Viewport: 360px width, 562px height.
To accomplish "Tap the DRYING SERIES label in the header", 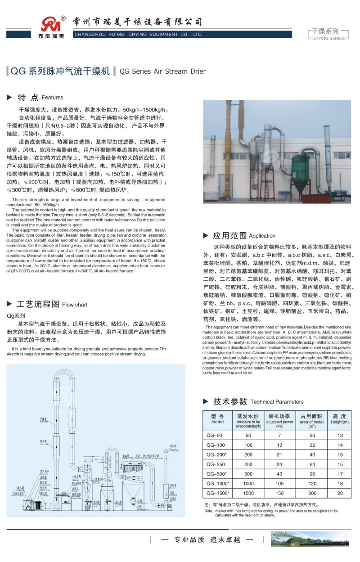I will (328, 39).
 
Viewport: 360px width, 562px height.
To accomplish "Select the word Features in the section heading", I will (53, 97).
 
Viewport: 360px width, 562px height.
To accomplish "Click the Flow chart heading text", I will (75, 305).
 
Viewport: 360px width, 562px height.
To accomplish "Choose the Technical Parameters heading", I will (277, 402).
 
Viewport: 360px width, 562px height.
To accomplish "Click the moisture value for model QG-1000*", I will (248, 483).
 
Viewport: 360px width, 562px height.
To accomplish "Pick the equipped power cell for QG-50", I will (279, 436).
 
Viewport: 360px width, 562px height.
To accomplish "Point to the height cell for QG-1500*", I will (340, 493).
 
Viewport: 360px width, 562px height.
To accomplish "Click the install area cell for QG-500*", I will (312, 474).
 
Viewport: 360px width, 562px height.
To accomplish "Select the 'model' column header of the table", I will (217, 419).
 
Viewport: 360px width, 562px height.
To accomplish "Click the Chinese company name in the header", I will (138, 22).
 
